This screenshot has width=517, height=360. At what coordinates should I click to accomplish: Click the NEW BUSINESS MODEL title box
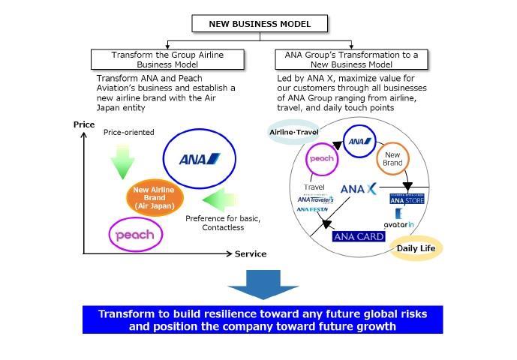[260, 24]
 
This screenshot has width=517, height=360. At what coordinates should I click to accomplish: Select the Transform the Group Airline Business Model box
[167, 60]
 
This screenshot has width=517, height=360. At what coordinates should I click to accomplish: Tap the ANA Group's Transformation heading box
[350, 60]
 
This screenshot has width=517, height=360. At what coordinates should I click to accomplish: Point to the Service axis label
[250, 254]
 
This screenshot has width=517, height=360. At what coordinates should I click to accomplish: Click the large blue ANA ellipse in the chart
[199, 159]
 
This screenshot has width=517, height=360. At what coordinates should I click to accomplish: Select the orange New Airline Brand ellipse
[155, 199]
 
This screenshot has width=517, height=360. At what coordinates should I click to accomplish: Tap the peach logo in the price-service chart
[136, 235]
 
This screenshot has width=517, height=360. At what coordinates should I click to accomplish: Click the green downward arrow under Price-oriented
[122, 160]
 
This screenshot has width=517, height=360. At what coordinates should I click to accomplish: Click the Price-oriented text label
[128, 133]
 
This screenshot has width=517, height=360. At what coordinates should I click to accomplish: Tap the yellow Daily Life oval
[416, 248]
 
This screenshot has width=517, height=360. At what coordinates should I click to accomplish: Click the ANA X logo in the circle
[358, 190]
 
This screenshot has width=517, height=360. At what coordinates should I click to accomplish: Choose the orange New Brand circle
[392, 158]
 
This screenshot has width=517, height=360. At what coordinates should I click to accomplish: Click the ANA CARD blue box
[358, 236]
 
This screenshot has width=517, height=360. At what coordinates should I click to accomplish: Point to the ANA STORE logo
[407, 199]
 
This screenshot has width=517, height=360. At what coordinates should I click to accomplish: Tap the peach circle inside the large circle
[321, 159]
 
